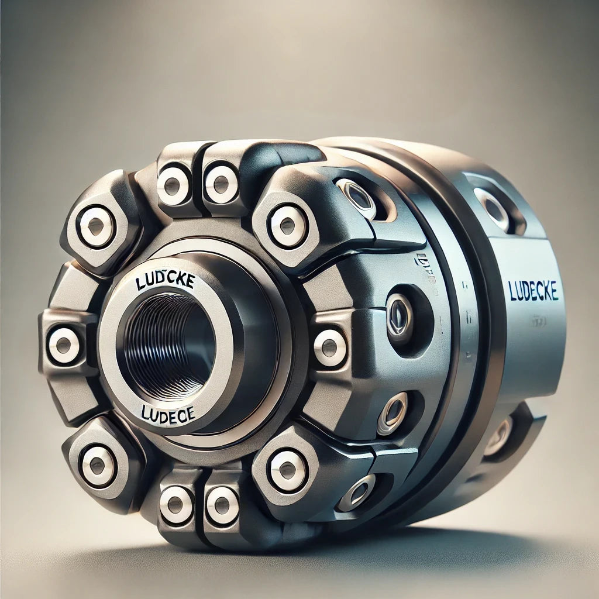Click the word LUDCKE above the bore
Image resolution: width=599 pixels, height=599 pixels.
(165, 281)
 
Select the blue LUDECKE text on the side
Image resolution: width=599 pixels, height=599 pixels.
(533, 291)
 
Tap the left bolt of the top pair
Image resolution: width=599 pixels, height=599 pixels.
(173, 185)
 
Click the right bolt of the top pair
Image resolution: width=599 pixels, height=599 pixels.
(222, 184)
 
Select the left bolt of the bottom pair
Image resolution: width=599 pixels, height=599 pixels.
(176, 504)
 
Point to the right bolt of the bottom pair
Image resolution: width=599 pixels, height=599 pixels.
(222, 505)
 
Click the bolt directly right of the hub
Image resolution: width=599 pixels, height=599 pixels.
(330, 347)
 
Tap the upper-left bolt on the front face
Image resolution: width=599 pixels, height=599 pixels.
(97, 227)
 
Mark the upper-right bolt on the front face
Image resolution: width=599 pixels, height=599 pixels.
(288, 225)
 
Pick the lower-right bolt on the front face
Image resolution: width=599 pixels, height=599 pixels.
(288, 470)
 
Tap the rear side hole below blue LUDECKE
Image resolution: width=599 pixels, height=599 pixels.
(498, 436)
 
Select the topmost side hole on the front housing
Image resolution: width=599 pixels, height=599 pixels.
(354, 198)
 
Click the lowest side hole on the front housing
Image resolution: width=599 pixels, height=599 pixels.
(357, 493)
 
